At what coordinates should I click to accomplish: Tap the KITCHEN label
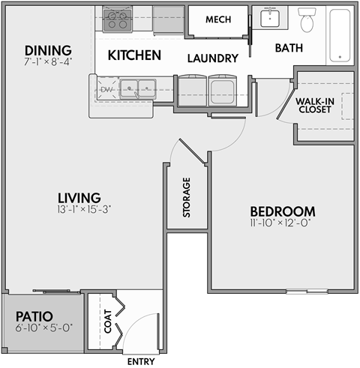pyautogui.click(x=134, y=55)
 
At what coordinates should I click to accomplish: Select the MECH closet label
pyautogui.click(x=217, y=19)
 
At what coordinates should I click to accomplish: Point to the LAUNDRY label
pyautogui.click(x=212, y=58)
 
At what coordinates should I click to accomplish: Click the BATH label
pyautogui.click(x=289, y=48)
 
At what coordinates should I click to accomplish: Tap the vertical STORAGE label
pyautogui.click(x=186, y=198)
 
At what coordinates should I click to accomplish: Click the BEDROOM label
pyautogui.click(x=282, y=211)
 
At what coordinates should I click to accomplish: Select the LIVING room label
pyautogui.click(x=79, y=197)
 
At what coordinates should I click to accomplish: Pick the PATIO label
pyautogui.click(x=33, y=317)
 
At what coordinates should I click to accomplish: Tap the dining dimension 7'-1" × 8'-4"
pyautogui.click(x=46, y=62)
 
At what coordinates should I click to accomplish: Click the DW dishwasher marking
pyautogui.click(x=106, y=90)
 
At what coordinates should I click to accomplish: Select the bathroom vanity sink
pyautogui.click(x=268, y=19)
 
